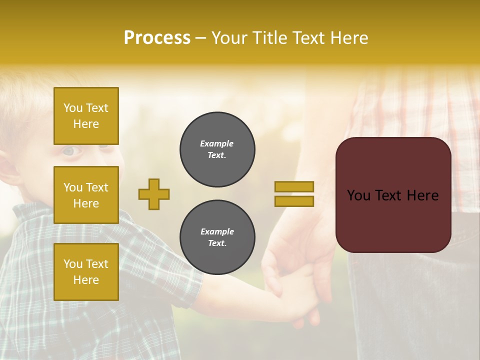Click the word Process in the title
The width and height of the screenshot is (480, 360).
point(157,38)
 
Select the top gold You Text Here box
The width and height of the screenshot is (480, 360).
point(86,116)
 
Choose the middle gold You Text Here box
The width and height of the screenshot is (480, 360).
point(86,195)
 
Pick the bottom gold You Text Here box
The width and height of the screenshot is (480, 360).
point(86,272)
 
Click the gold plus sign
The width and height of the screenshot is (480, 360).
point(154,194)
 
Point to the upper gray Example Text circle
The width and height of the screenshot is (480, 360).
point(217,149)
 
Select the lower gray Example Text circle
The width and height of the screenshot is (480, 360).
point(217,237)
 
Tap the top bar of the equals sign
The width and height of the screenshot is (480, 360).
point(294,186)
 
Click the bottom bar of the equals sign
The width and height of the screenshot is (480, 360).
point(294,201)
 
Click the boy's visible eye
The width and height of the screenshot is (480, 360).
point(68,150)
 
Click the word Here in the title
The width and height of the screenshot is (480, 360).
point(349,38)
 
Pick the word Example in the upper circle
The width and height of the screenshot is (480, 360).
point(217,143)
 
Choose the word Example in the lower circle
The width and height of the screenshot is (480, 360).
point(217,231)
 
